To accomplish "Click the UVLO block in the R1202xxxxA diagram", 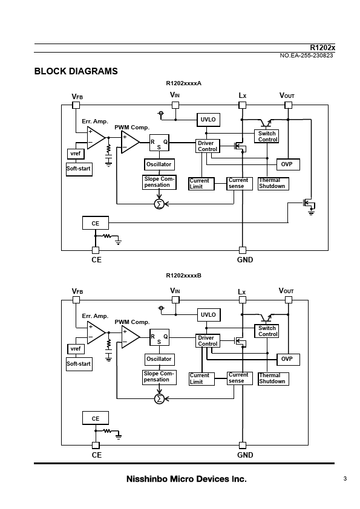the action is pyautogui.click(x=208, y=120).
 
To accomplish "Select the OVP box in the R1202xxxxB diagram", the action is pyautogui.click(x=288, y=359).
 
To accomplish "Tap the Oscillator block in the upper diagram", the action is pyautogui.click(x=159, y=164).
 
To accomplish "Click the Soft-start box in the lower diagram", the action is pyautogui.click(x=79, y=363).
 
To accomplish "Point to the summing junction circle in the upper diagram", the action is pyautogui.click(x=159, y=204).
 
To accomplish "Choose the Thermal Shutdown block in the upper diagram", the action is pyautogui.click(x=273, y=184).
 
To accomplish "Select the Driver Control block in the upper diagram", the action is pyautogui.click(x=208, y=146).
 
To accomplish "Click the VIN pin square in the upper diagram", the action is pyautogui.click(x=175, y=105).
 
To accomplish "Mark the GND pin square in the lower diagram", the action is pyautogui.click(x=243, y=445).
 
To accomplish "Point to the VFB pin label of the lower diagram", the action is pyautogui.click(x=77, y=291).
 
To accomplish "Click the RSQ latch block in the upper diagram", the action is pyautogui.click(x=159, y=143).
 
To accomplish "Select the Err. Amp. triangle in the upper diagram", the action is pyautogui.click(x=96, y=138).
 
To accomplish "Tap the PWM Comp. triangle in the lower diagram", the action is pyautogui.click(x=131, y=337).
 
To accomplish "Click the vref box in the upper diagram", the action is pyautogui.click(x=76, y=154).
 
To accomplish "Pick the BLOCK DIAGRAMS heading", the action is pyautogui.click(x=76, y=71).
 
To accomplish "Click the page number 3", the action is pyautogui.click(x=345, y=479).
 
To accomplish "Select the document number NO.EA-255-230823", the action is pyautogui.click(x=306, y=56).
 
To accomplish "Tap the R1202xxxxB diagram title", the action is pyautogui.click(x=183, y=276).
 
